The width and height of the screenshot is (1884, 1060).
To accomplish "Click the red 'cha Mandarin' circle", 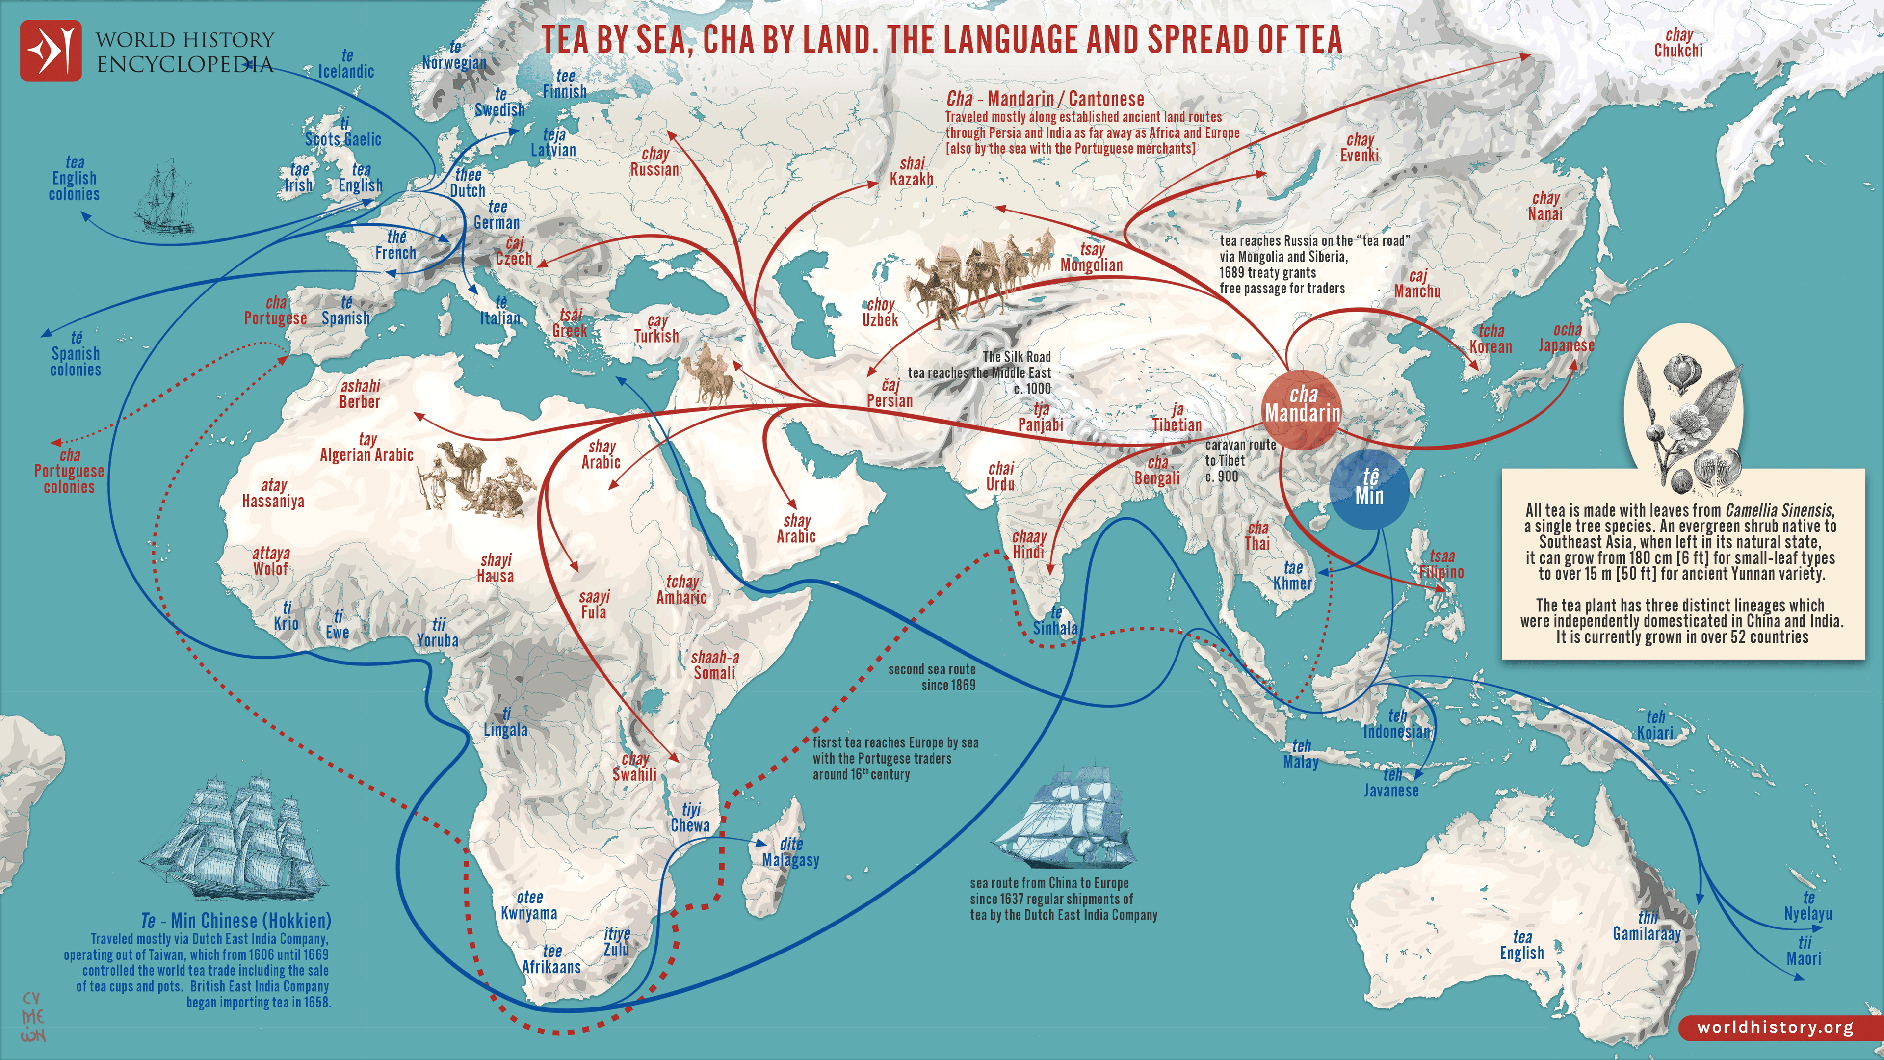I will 1302,410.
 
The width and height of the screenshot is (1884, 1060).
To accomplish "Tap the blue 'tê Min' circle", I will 1368,488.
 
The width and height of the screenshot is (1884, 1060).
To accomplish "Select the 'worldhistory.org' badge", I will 1775,1027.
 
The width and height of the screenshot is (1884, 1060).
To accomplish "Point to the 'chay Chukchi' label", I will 1678,43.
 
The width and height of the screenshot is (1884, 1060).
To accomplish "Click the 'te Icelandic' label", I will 346,64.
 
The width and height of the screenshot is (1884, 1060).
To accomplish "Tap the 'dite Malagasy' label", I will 790,852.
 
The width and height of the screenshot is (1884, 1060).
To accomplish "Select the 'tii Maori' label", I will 1804,951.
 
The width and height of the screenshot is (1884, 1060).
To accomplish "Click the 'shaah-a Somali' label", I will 714,665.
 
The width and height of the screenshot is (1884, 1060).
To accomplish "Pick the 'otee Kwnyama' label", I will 529,905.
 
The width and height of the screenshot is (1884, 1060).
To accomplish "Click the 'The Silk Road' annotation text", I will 1017,357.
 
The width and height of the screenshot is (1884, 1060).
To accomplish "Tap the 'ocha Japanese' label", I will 1566,338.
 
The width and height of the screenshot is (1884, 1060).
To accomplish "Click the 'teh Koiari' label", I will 1655,725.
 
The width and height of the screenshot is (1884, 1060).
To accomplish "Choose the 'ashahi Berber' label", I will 360,394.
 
